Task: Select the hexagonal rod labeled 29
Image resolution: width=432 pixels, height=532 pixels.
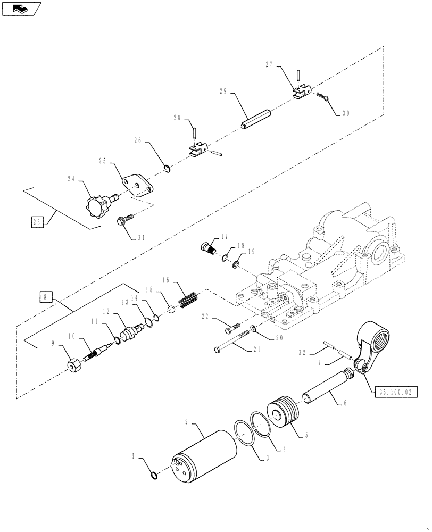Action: (257, 115)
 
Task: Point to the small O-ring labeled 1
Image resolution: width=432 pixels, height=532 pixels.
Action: (154, 475)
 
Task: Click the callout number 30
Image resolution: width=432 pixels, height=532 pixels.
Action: (346, 113)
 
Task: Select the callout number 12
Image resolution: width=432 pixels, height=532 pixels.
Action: (106, 311)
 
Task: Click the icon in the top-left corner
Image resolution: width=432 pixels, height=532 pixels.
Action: (20, 9)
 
